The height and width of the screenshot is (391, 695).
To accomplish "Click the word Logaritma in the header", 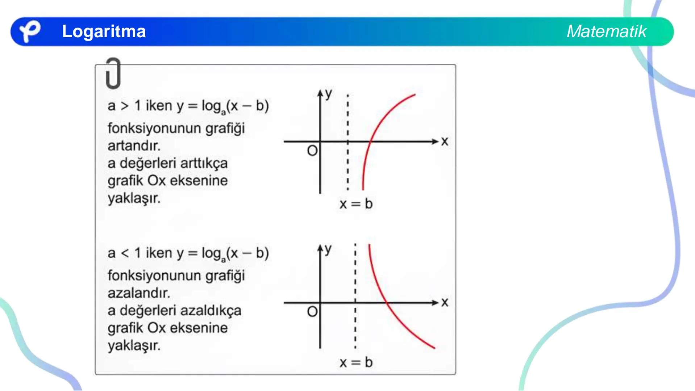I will pyautogui.click(x=104, y=31).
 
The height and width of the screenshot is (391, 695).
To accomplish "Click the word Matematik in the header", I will pyautogui.click(x=606, y=31).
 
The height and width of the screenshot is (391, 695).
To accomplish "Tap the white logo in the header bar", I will pyautogui.click(x=29, y=31).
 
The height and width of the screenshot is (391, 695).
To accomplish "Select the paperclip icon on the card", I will pyautogui.click(x=113, y=73).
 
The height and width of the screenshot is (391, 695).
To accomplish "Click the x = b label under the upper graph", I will pyautogui.click(x=356, y=204).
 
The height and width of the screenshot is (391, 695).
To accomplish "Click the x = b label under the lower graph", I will pyautogui.click(x=356, y=362).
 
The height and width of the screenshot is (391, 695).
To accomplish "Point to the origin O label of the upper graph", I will pyautogui.click(x=312, y=151).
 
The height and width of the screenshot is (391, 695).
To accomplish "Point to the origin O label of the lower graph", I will pyautogui.click(x=312, y=311).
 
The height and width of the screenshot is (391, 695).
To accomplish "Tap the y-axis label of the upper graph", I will pyautogui.click(x=328, y=93).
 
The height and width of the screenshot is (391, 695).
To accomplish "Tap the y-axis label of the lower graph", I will pyautogui.click(x=328, y=249).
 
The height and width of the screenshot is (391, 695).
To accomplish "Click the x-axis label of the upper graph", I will pyautogui.click(x=445, y=141).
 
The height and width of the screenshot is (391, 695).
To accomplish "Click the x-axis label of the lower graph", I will pyautogui.click(x=445, y=302).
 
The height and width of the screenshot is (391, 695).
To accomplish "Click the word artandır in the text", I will pyautogui.click(x=134, y=146).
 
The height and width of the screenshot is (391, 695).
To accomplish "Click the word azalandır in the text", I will pyautogui.click(x=139, y=293).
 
